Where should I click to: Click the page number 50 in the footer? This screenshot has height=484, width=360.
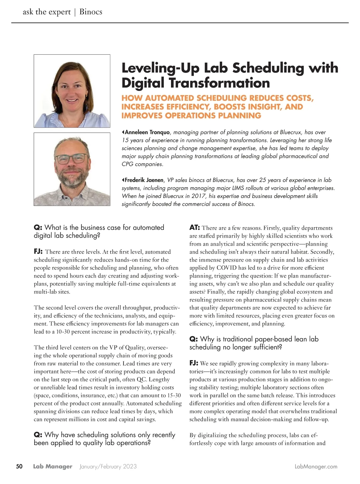tap(19, 467)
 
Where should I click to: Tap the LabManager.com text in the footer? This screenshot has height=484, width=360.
tap(316, 467)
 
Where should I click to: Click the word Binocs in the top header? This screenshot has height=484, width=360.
tap(91, 12)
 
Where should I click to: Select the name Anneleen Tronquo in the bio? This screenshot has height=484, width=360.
tap(147, 132)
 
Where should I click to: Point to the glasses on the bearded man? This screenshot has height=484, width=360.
tap(72, 158)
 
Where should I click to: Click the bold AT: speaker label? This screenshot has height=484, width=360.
tap(195, 228)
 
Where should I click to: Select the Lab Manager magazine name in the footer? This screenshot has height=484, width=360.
tap(52, 467)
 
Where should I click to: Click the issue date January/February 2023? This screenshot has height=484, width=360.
tap(108, 467)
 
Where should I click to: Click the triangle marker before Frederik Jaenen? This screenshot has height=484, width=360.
tap(123, 180)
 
